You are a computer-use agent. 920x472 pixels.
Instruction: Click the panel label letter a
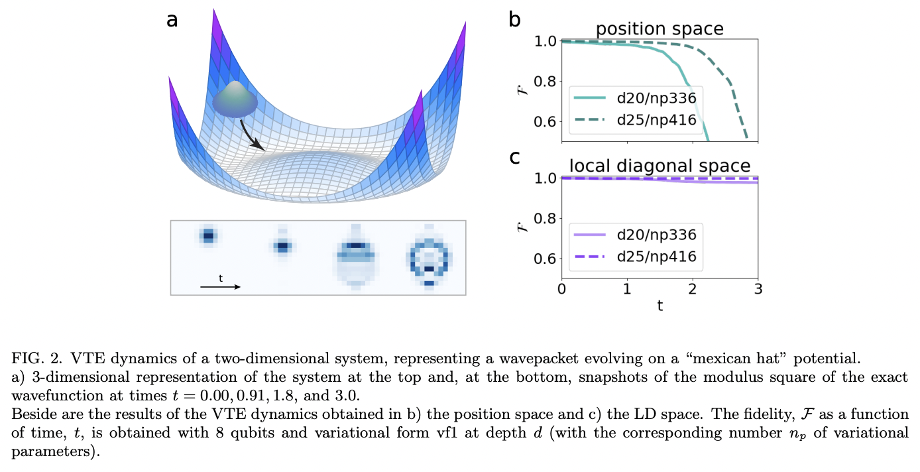(172, 20)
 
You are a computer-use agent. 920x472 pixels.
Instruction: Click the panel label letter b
(515, 20)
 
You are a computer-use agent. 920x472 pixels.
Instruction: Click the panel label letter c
(515, 158)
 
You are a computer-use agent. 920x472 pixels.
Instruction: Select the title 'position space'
(659, 29)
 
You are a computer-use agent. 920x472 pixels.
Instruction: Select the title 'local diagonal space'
(659, 166)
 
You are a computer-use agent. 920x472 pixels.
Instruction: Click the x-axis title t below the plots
(660, 306)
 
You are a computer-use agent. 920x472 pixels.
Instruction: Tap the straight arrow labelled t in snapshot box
(219, 287)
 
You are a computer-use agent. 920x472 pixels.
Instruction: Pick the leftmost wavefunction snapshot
(209, 235)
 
